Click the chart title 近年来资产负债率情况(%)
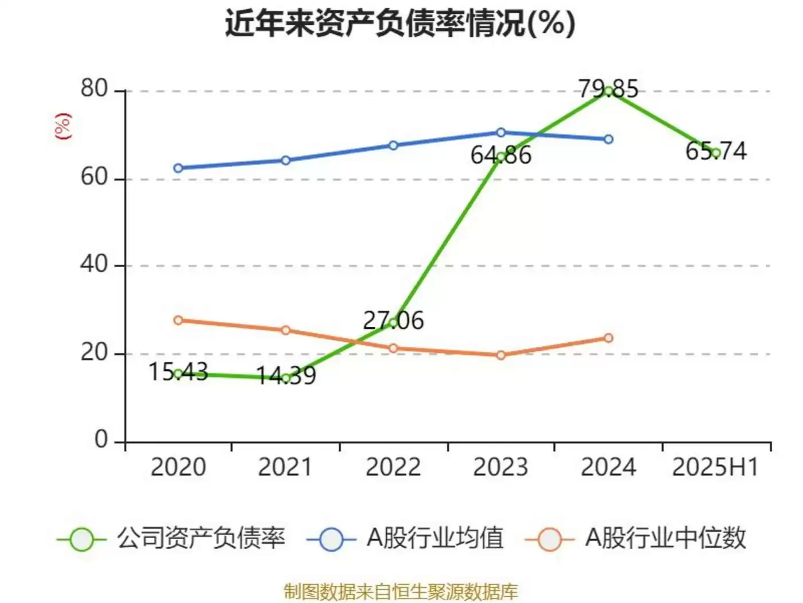[x=400, y=24]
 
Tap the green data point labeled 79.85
[x=608, y=91]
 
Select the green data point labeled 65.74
[x=716, y=153]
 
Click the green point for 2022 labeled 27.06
[x=393, y=323]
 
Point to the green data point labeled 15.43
[x=178, y=374]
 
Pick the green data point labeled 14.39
[x=286, y=378]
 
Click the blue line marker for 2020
[x=178, y=168]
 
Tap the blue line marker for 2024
[x=608, y=140]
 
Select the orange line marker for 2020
[x=178, y=320]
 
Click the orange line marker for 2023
[x=501, y=355]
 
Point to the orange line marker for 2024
[x=608, y=338]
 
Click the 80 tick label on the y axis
[x=94, y=89]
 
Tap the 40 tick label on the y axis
[x=94, y=265]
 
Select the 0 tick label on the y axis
[x=102, y=440]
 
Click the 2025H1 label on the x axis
[x=715, y=467]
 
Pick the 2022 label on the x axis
[x=393, y=467]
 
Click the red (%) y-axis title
[x=63, y=126]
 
